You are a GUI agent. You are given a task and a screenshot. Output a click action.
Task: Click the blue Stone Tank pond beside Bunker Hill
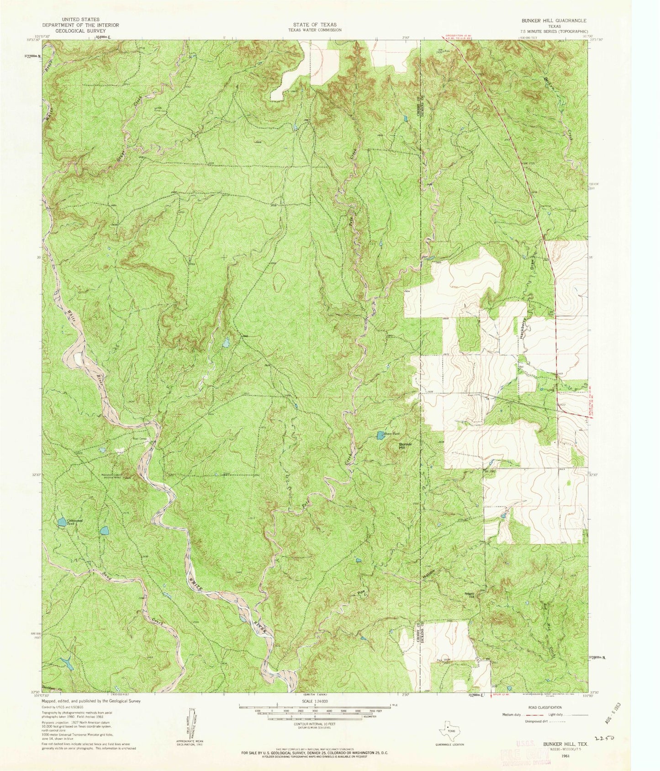(x=380, y=436)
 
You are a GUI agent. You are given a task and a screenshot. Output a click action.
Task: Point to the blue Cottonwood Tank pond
(x=61, y=521)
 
